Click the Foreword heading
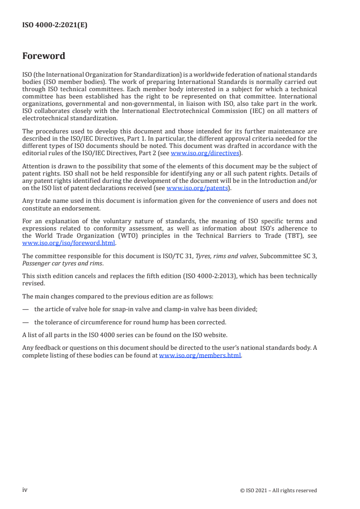[x=44, y=56]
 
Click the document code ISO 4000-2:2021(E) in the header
[x=54, y=25]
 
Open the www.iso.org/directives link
[x=205, y=153]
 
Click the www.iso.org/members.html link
[x=200, y=355]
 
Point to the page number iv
[x=25, y=490]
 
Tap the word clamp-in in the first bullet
[x=173, y=309]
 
